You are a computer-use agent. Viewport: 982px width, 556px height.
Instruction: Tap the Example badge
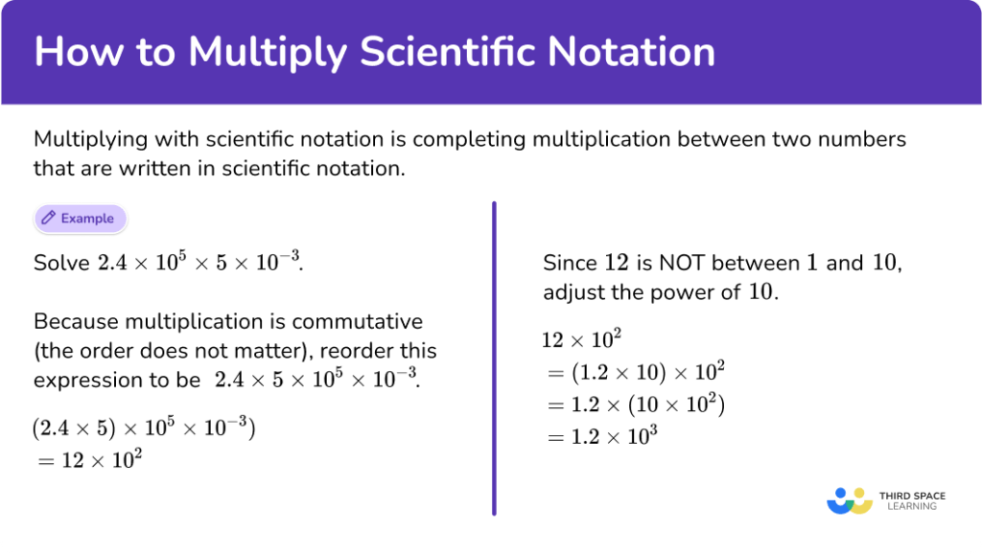coord(81,219)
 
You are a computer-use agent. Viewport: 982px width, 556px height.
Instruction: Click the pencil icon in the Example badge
coord(48,219)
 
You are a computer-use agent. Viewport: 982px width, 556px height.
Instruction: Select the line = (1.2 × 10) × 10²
coord(633,372)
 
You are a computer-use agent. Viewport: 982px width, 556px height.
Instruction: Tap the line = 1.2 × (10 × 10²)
coord(633,405)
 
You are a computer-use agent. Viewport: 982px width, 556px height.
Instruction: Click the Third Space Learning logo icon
coord(849,500)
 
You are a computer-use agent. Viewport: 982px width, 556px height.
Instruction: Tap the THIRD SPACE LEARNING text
coord(911,500)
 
